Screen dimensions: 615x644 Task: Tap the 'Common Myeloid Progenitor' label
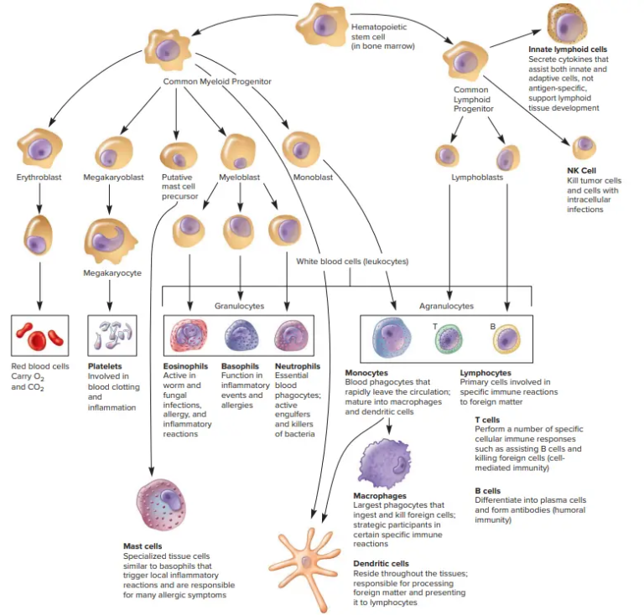217,81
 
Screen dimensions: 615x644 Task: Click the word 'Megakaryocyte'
112,273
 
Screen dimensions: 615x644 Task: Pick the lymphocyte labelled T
449,340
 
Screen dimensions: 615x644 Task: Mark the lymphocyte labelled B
506,339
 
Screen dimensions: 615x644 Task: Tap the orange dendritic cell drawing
308,563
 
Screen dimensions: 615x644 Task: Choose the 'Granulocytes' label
237,307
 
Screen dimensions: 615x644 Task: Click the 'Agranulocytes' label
446,307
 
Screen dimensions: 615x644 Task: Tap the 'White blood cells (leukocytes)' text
352,261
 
